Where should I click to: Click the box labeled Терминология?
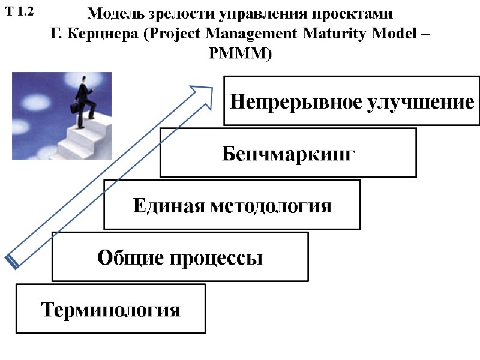coord(110,309)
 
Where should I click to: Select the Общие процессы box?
coord(180,257)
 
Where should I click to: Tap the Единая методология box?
coord(232,205)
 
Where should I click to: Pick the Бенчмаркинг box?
coord(288,153)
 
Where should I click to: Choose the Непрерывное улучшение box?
coord(352,101)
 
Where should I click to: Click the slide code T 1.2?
coord(19,11)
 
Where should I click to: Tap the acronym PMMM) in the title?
coord(240,54)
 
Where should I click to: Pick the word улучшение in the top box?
coord(419,101)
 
